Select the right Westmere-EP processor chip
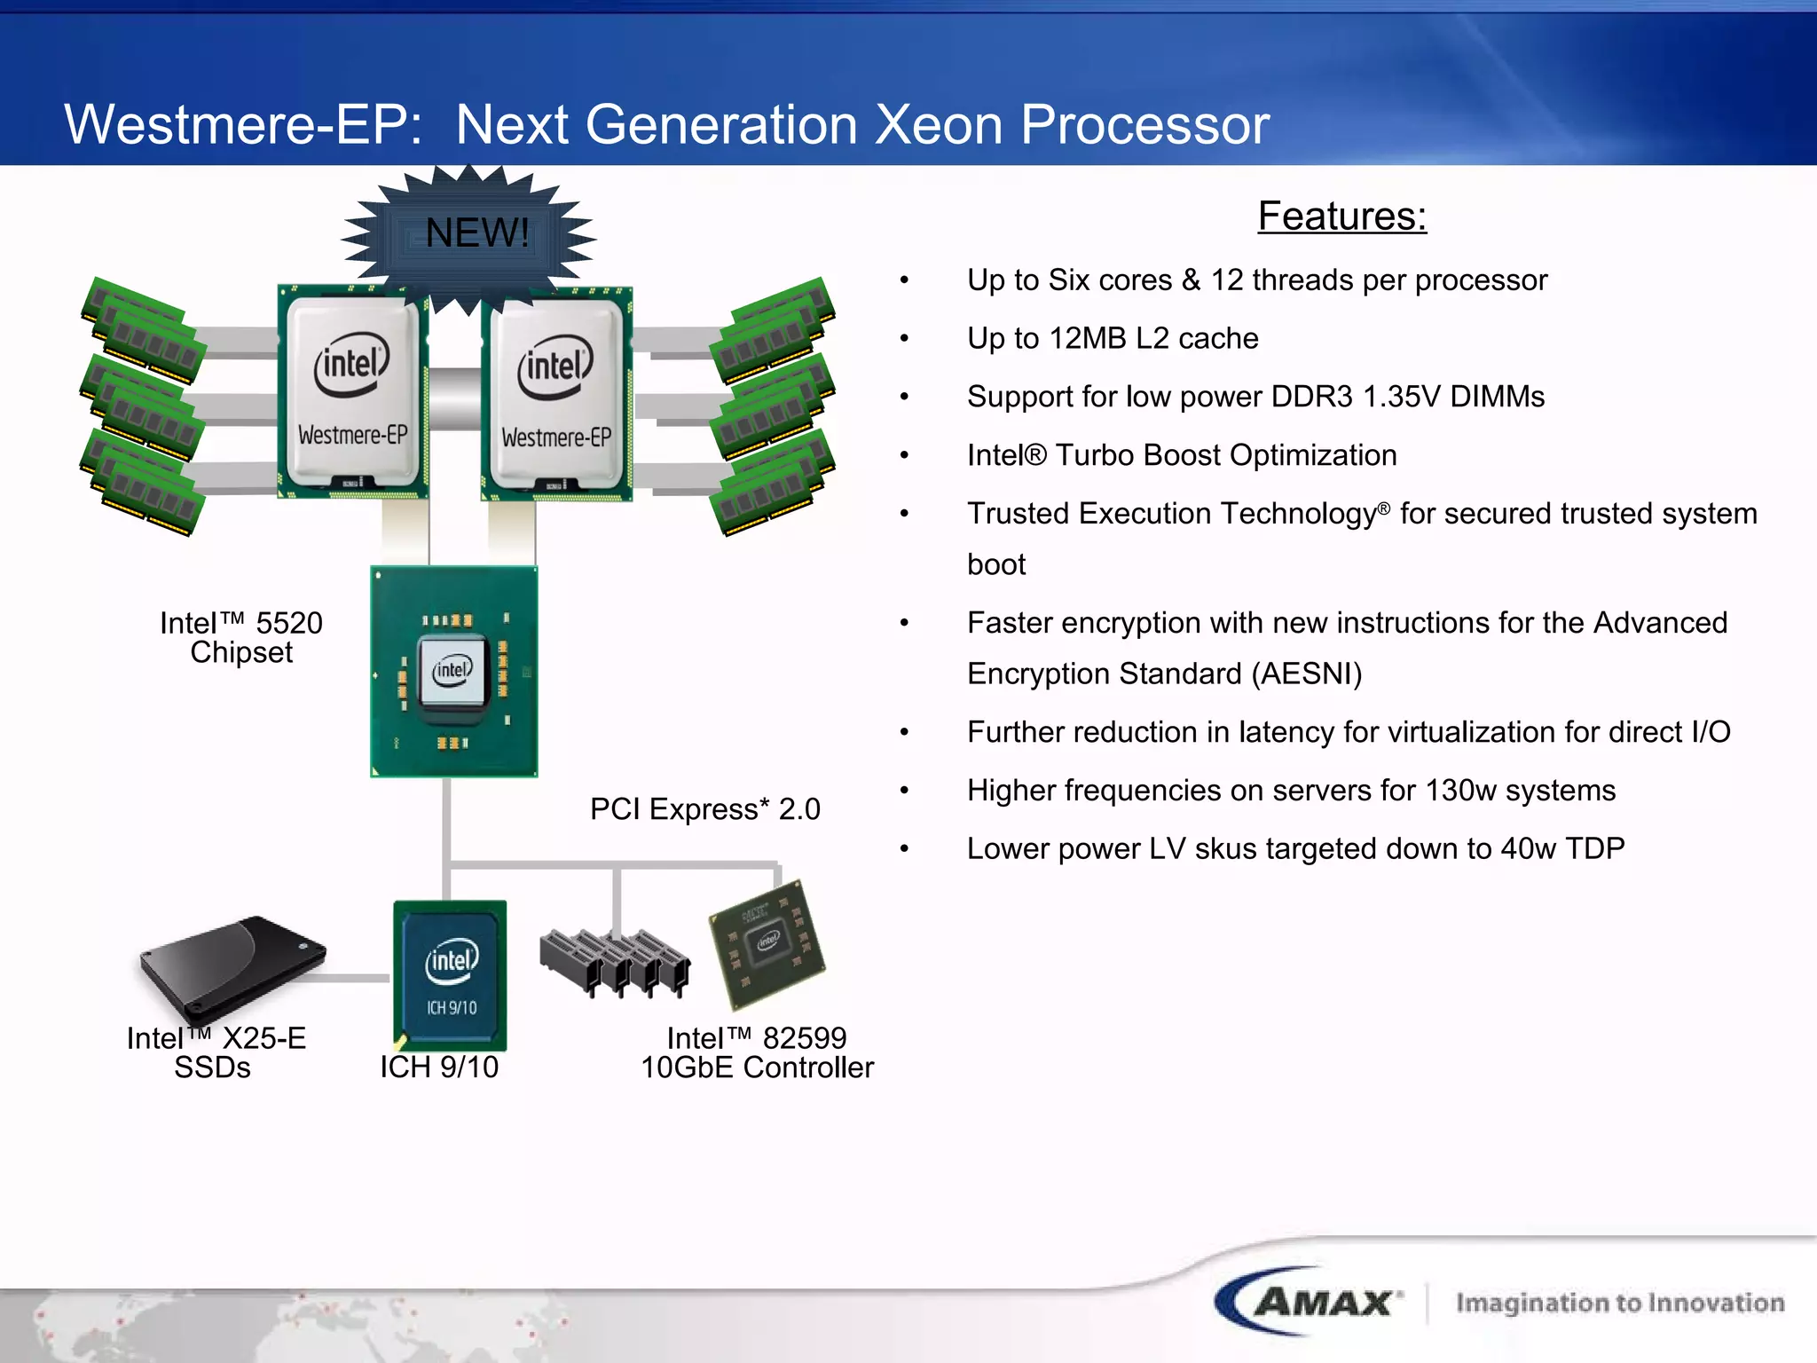pyautogui.click(x=556, y=395)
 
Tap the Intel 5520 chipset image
pyautogui.click(x=453, y=671)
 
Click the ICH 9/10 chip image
pyautogui.click(x=450, y=974)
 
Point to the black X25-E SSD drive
pyautogui.click(x=232, y=966)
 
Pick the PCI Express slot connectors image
pyautogui.click(x=614, y=963)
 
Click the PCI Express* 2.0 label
pyautogui.click(x=704, y=809)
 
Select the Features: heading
pyautogui.click(x=1341, y=217)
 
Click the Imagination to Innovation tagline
pyautogui.click(x=1619, y=1303)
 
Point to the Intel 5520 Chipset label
pyautogui.click(x=241, y=637)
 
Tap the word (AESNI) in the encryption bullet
pyautogui.click(x=1306, y=674)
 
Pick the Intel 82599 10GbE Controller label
pyautogui.click(x=757, y=1052)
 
